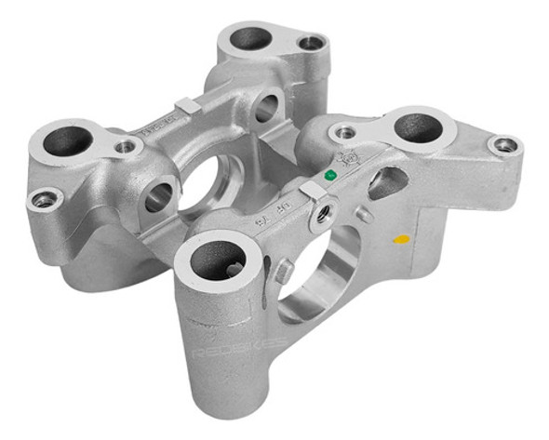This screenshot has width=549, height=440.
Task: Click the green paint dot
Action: coord(328,174)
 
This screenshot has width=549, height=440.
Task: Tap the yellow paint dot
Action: coord(401,239)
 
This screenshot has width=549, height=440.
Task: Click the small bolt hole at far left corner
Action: coord(42,199)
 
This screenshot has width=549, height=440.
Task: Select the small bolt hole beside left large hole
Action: coord(125,146)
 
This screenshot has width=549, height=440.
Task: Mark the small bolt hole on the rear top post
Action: coord(311,43)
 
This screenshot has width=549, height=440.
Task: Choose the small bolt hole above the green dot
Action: coord(345,133)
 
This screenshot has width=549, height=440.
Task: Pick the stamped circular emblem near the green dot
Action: coord(353,161)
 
